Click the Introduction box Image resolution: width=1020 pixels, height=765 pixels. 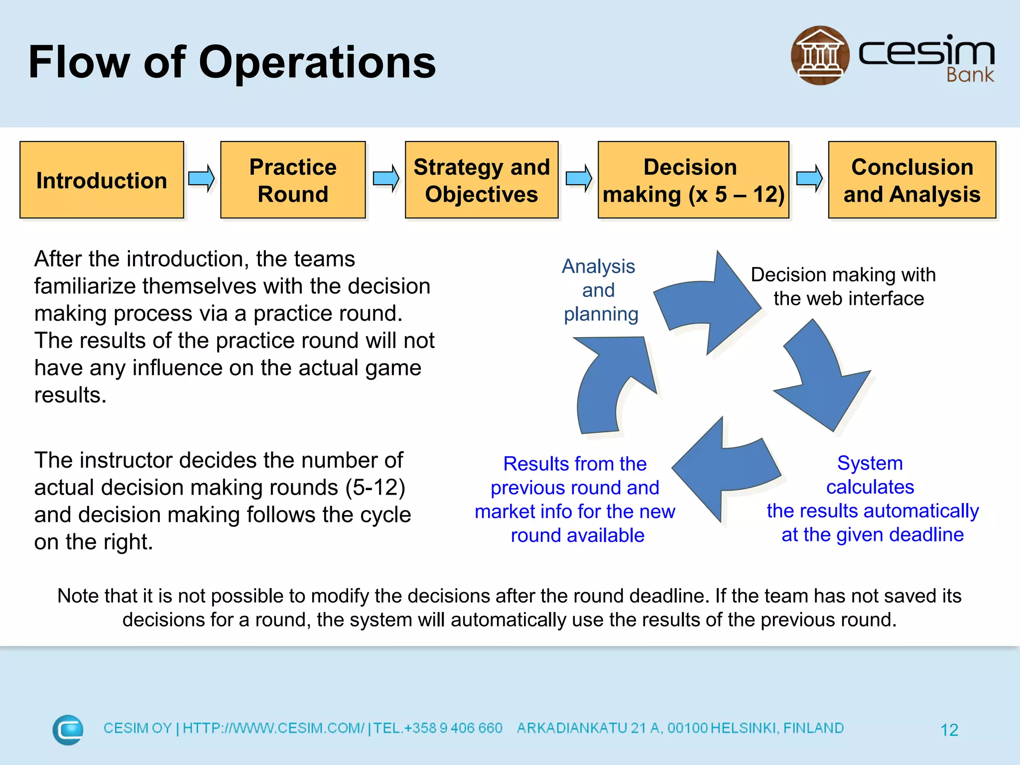click(x=102, y=180)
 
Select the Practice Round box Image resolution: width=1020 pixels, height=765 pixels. click(x=293, y=180)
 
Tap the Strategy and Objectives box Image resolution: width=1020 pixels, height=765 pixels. click(x=481, y=180)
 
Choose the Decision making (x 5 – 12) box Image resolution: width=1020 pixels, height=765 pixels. click(x=693, y=180)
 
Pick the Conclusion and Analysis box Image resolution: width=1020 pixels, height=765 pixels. click(x=911, y=180)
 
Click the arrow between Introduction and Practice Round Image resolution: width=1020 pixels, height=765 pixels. click(x=201, y=178)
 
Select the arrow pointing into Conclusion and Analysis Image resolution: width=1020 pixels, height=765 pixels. click(x=809, y=178)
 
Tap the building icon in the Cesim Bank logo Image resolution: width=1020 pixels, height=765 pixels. click(x=820, y=55)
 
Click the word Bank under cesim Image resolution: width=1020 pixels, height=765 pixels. click(x=970, y=75)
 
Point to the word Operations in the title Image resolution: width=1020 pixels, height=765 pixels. click(x=317, y=62)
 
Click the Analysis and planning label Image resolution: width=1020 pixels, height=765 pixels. click(x=599, y=290)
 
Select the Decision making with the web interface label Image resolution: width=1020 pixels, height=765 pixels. click(x=844, y=286)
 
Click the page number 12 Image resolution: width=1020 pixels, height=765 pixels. click(x=949, y=730)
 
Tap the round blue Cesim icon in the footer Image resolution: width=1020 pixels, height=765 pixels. click(x=68, y=730)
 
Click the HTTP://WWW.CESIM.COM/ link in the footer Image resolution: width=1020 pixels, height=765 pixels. click(x=273, y=728)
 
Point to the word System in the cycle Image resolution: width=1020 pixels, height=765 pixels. click(x=870, y=463)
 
